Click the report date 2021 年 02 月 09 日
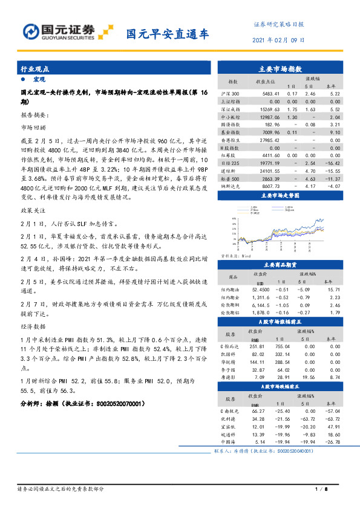[x=278, y=41]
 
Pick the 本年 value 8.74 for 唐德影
[x=335, y=376]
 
